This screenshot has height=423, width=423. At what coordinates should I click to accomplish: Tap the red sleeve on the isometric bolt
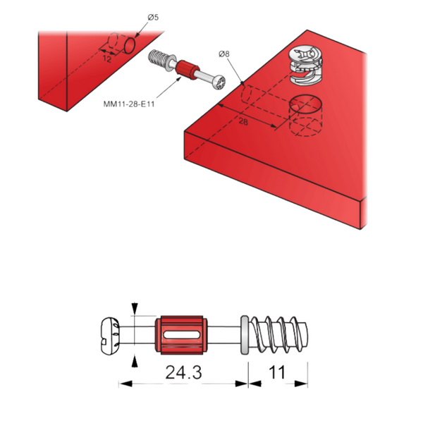tap(187, 70)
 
